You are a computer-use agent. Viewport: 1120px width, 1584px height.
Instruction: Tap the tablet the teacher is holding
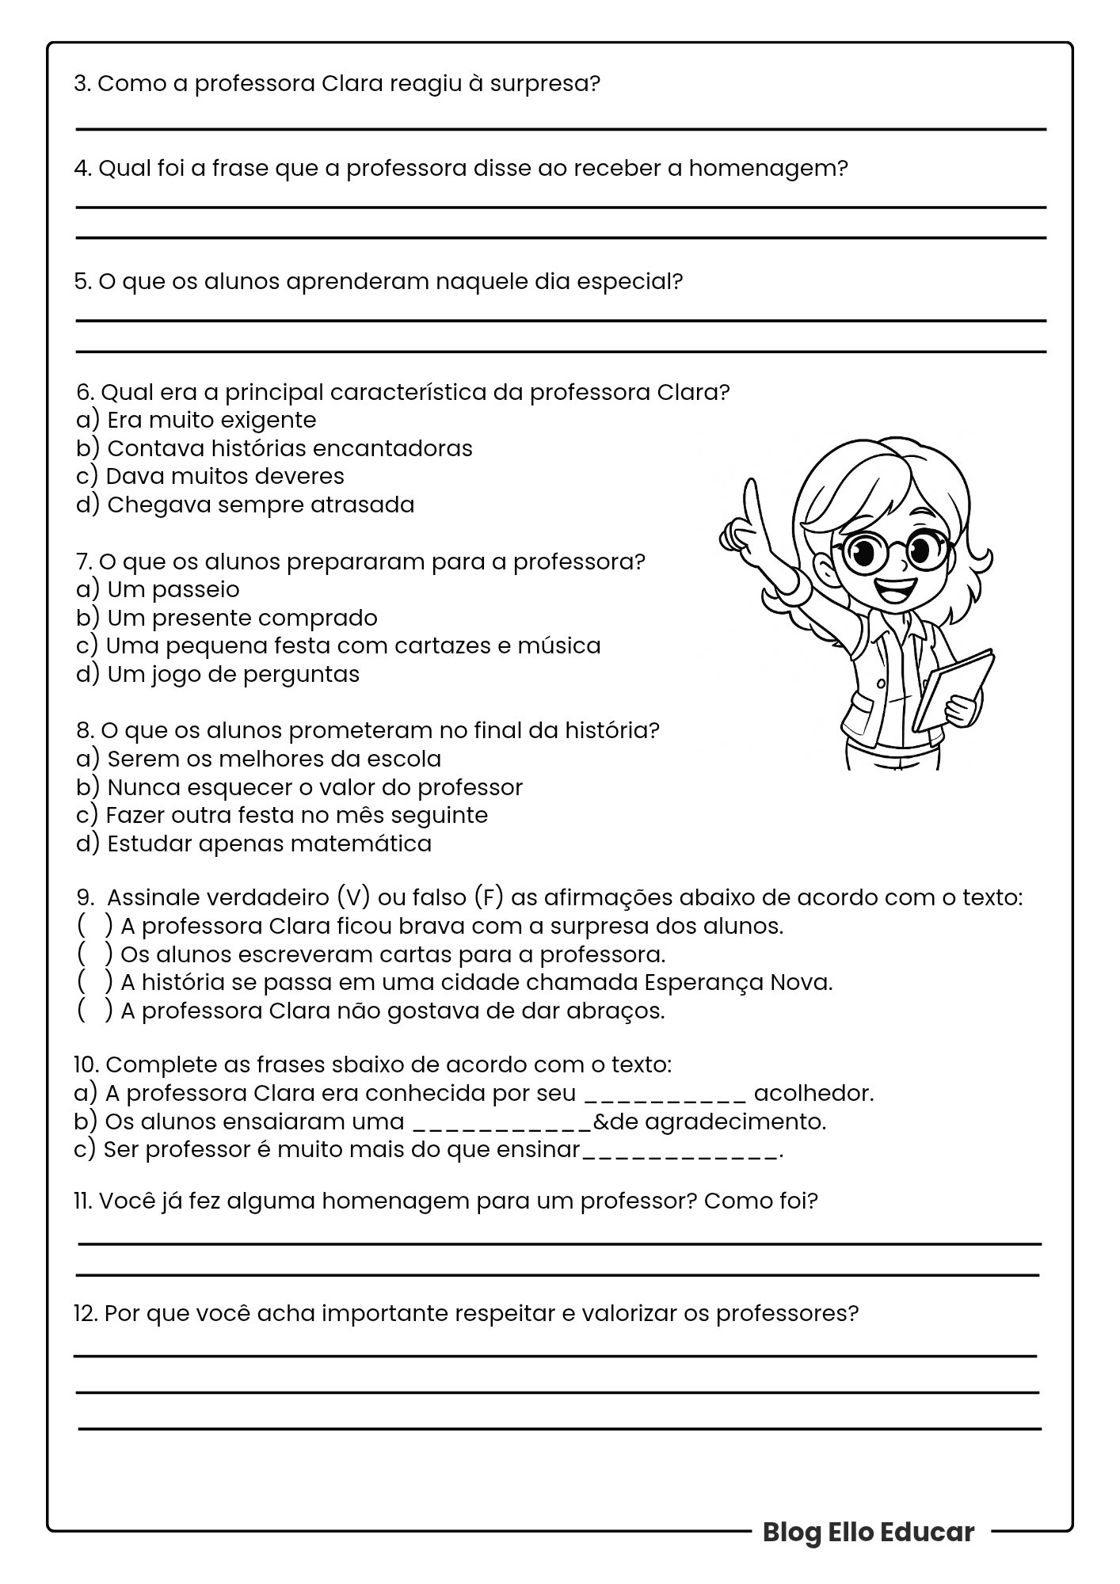pos(955,688)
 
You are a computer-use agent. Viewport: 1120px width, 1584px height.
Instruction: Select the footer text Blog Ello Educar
pos(867,1532)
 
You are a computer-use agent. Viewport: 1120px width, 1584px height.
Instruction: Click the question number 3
pos(81,83)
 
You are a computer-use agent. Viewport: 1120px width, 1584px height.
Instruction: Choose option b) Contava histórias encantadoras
pos(274,448)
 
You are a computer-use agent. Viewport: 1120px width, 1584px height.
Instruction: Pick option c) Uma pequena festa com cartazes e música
pos(338,645)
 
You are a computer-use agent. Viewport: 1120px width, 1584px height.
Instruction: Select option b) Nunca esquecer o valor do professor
pos(299,787)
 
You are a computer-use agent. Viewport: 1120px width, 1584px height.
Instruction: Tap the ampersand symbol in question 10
pos(600,1121)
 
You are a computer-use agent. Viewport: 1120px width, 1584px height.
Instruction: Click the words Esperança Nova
pos(737,982)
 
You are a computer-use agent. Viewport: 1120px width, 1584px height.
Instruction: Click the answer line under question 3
pos(560,128)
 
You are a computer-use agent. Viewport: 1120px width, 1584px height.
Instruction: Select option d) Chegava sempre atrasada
pos(246,505)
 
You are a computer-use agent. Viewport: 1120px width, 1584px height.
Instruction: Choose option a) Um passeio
pos(158,589)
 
